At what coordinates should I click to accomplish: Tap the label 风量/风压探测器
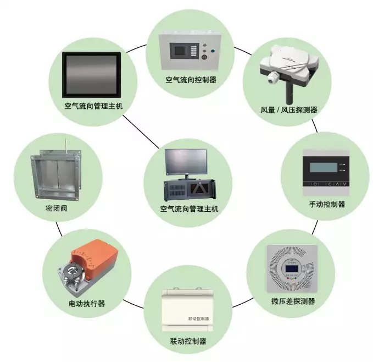[x=289, y=109]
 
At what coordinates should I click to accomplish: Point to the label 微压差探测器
[x=293, y=301]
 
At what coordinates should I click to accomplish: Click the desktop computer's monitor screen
[x=187, y=161]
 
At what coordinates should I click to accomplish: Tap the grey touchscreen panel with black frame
[x=91, y=73]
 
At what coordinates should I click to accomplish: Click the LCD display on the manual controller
[x=320, y=167]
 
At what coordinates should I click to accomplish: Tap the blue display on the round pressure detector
[x=291, y=269]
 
